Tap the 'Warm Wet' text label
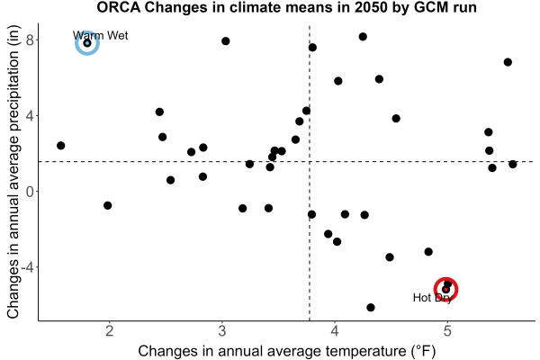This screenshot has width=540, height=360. coord(100,35)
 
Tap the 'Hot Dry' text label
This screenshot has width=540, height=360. coord(433,298)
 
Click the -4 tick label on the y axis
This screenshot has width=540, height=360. coord(28,267)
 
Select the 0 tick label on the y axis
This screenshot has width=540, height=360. coord(31,191)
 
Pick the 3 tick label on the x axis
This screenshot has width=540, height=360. coord(222,331)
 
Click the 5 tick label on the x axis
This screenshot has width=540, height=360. coord(447,331)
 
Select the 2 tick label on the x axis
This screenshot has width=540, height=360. coord(110,331)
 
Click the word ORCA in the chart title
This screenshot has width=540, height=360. coord(118,7)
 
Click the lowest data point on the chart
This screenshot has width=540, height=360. coord(371,307)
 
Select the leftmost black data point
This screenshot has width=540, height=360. coord(60,146)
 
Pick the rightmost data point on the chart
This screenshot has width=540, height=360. coord(513,164)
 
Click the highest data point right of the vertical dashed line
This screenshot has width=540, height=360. coord(363,37)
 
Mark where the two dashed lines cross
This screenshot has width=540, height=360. coord(310,161)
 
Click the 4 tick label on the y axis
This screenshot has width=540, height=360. coord(31,116)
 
